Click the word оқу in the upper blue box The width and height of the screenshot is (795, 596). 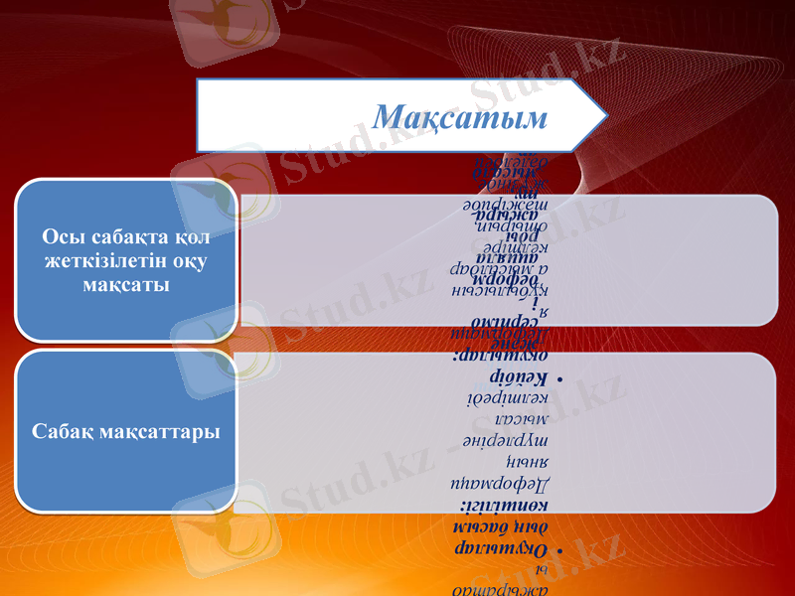(x=177, y=261)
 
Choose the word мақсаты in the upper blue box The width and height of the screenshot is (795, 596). (x=125, y=283)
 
